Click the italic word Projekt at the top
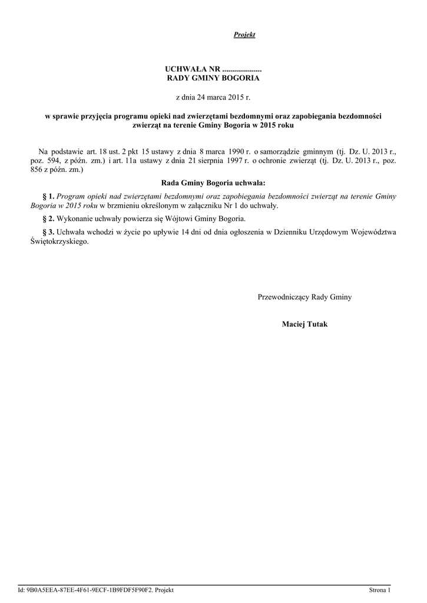coord(244,35)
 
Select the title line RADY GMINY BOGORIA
coord(213,78)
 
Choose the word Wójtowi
coord(186,218)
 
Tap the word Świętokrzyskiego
coord(61,241)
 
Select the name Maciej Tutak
coord(304,324)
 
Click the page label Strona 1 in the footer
coord(379,590)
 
